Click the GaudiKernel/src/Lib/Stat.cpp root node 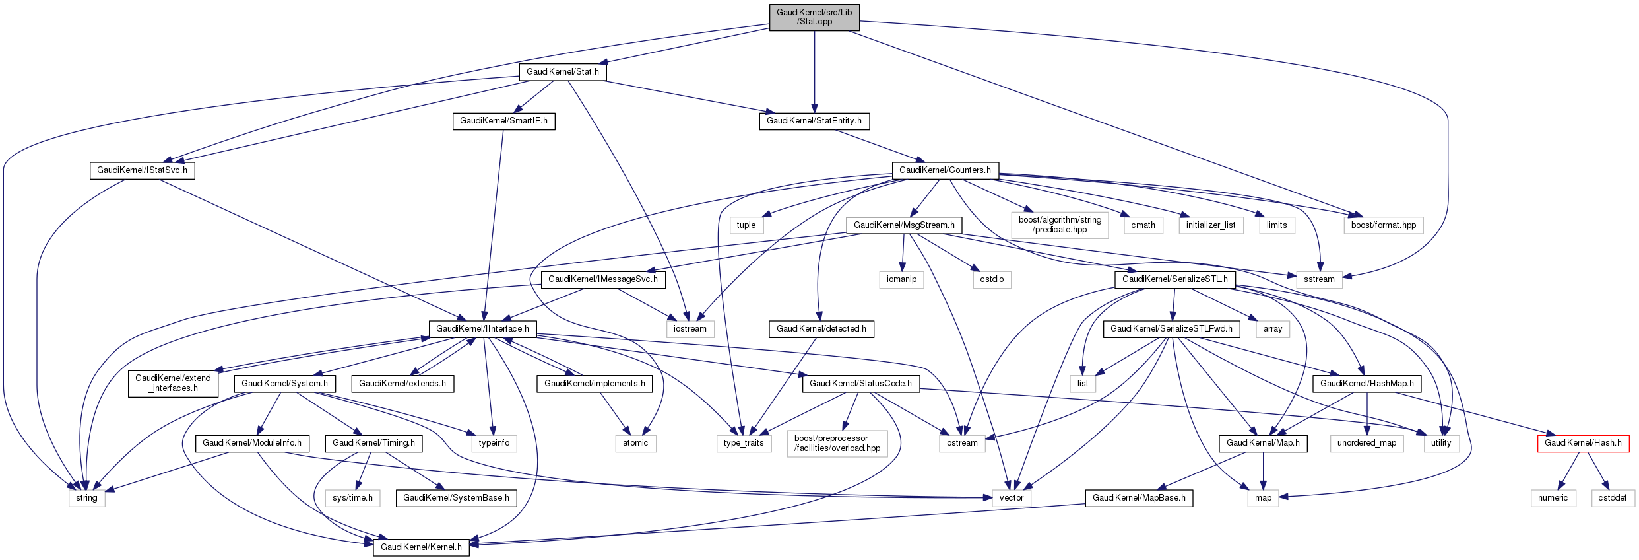[x=814, y=17]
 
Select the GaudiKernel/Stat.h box [x=562, y=72]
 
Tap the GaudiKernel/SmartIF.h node [x=503, y=121]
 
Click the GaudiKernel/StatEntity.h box [x=814, y=121]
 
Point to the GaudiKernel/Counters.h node [x=945, y=170]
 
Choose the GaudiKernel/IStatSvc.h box [x=142, y=170]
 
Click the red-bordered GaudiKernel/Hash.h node [x=1582, y=443]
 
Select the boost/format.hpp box [x=1383, y=225]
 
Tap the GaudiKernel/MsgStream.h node [x=903, y=225]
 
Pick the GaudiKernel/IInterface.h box [x=482, y=329]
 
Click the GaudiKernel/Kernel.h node [x=421, y=547]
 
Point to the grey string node [x=86, y=498]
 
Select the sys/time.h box [x=352, y=498]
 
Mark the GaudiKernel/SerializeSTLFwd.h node [x=1171, y=329]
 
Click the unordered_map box [x=1366, y=443]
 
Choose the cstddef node [x=1612, y=498]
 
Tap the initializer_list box [x=1210, y=225]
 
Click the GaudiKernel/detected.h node [x=821, y=329]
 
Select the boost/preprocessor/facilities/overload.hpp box [x=837, y=443]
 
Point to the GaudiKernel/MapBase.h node [x=1138, y=498]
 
